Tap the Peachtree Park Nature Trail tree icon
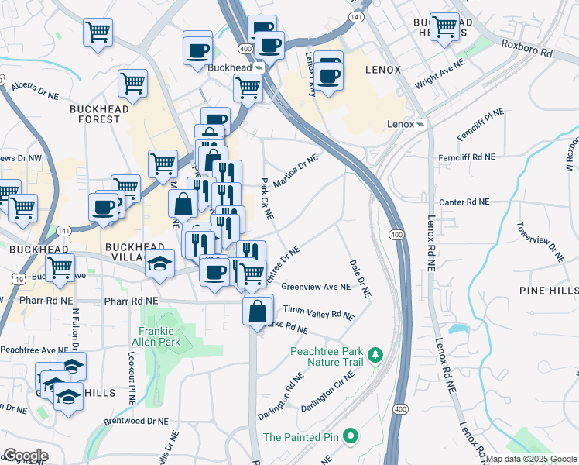[375, 355]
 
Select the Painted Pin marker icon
[349, 436]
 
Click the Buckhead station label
[230, 68]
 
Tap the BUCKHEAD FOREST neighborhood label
[95, 114]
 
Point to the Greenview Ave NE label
[317, 287]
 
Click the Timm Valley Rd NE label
[318, 312]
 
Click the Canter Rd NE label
[464, 201]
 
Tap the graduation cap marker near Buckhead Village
[160, 265]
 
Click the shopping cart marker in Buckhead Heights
[444, 26]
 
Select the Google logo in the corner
[25, 456]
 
